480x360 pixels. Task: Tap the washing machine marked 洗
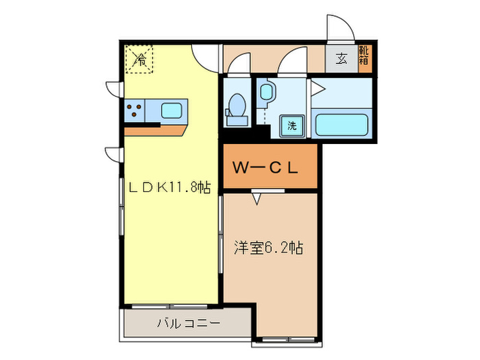point(292,125)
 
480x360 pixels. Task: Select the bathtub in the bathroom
point(341,125)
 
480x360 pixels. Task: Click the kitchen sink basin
point(171,110)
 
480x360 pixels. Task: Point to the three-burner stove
point(134,110)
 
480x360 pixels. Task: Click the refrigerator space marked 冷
point(139,59)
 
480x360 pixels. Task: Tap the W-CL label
point(265,167)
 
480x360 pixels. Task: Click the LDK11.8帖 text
point(169,187)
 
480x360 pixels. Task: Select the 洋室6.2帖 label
point(269,248)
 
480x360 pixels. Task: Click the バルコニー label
point(189,323)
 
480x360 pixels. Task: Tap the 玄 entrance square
point(341,59)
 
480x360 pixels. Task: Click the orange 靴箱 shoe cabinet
point(365,59)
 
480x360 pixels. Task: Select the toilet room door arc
point(236,60)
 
